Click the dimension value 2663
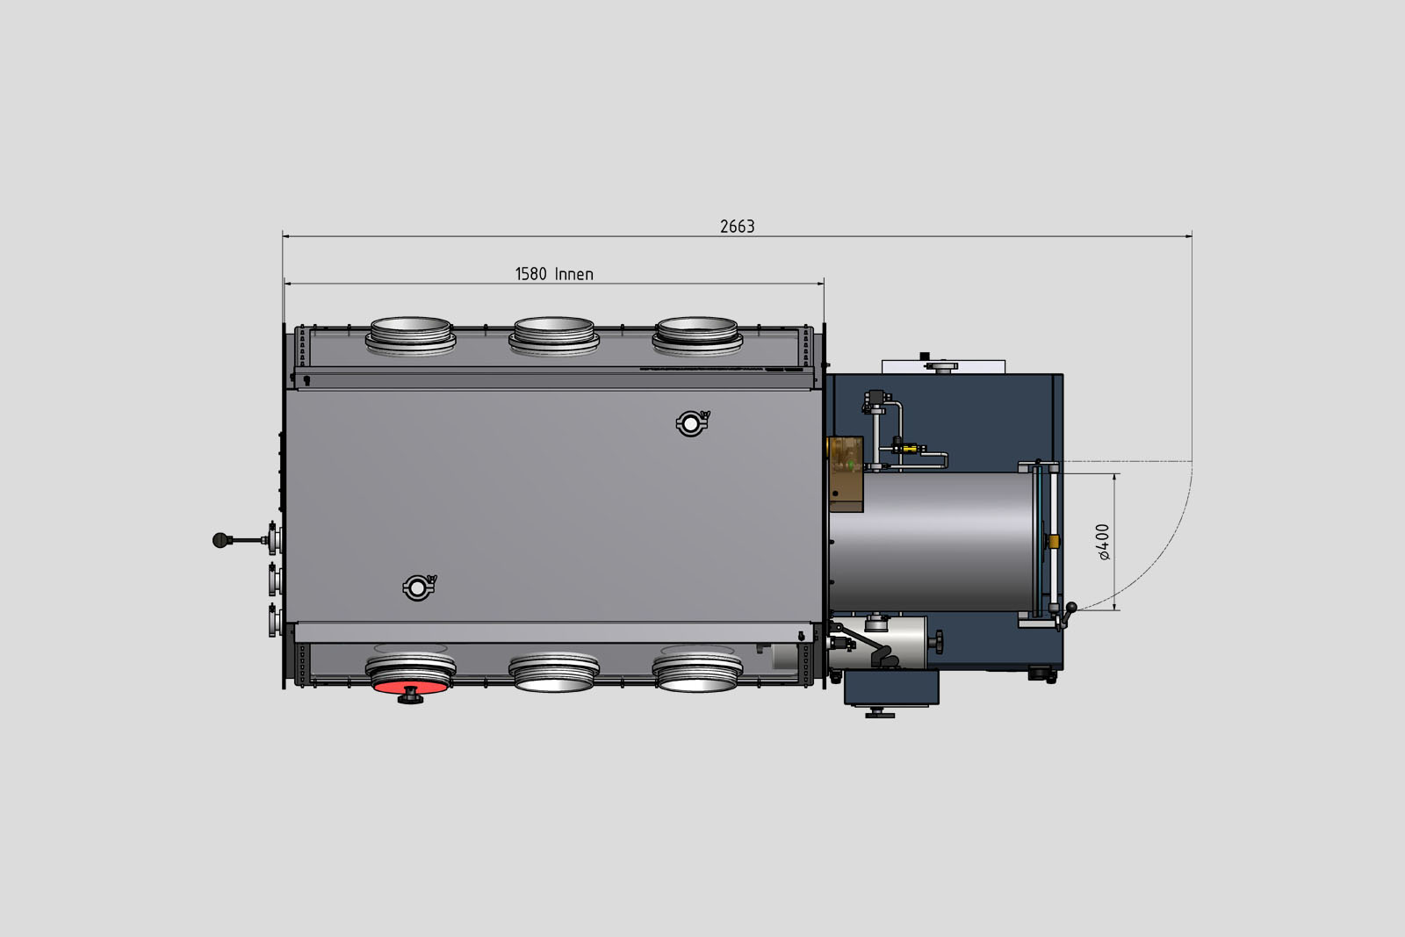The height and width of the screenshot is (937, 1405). (737, 227)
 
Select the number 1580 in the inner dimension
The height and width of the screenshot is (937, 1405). (531, 274)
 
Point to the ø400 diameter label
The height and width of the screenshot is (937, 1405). (1103, 542)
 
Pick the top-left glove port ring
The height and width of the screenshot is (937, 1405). (410, 336)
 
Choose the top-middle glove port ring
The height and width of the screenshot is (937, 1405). (554, 336)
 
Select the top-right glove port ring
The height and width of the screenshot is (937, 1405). (697, 336)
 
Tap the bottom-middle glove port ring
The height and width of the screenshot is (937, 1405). (554, 673)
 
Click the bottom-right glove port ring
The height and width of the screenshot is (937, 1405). (697, 673)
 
